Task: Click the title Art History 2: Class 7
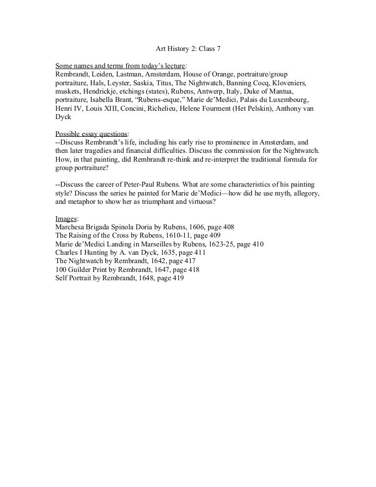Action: (x=188, y=49)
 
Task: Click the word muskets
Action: (x=68, y=91)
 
